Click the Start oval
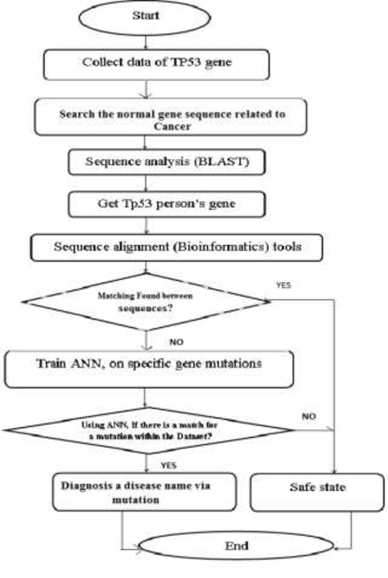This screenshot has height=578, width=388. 145,16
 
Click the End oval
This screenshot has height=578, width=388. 236,546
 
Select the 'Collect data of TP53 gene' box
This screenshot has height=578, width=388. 156,63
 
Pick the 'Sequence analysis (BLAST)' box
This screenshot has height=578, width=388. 167,162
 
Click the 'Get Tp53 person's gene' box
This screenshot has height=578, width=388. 167,204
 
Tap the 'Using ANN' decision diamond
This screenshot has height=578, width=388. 149,430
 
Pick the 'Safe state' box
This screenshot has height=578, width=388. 316,487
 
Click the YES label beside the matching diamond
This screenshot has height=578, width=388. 284,284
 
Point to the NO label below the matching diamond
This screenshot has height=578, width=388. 176,343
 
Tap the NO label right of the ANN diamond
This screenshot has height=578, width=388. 309,417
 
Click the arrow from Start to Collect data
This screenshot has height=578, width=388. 145,41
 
